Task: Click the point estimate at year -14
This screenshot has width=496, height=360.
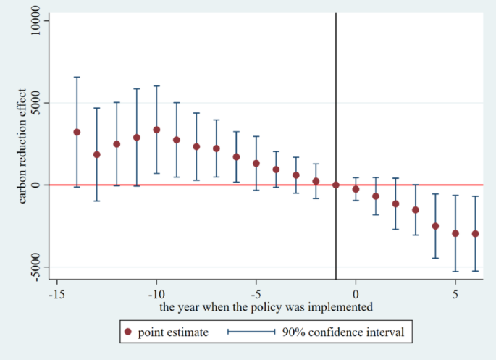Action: coord(77,132)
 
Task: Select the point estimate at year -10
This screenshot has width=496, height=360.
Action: coord(156,130)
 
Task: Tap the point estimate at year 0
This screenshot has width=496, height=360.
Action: coord(356,189)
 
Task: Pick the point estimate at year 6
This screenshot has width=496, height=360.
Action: coord(475,233)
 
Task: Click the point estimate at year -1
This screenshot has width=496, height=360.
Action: coord(336,185)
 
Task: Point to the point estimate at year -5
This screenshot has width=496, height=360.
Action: coord(256,163)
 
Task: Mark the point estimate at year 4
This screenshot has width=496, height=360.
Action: coord(435,226)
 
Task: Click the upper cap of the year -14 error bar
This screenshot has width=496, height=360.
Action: coord(77,77)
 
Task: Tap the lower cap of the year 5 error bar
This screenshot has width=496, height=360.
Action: coord(455,272)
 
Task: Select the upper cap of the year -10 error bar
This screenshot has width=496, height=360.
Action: coord(156,86)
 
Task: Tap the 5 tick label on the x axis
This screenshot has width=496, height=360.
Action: coord(455,294)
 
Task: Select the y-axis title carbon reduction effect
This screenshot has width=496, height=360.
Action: coord(24,145)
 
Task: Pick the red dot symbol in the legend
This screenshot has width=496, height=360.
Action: coord(128,332)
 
